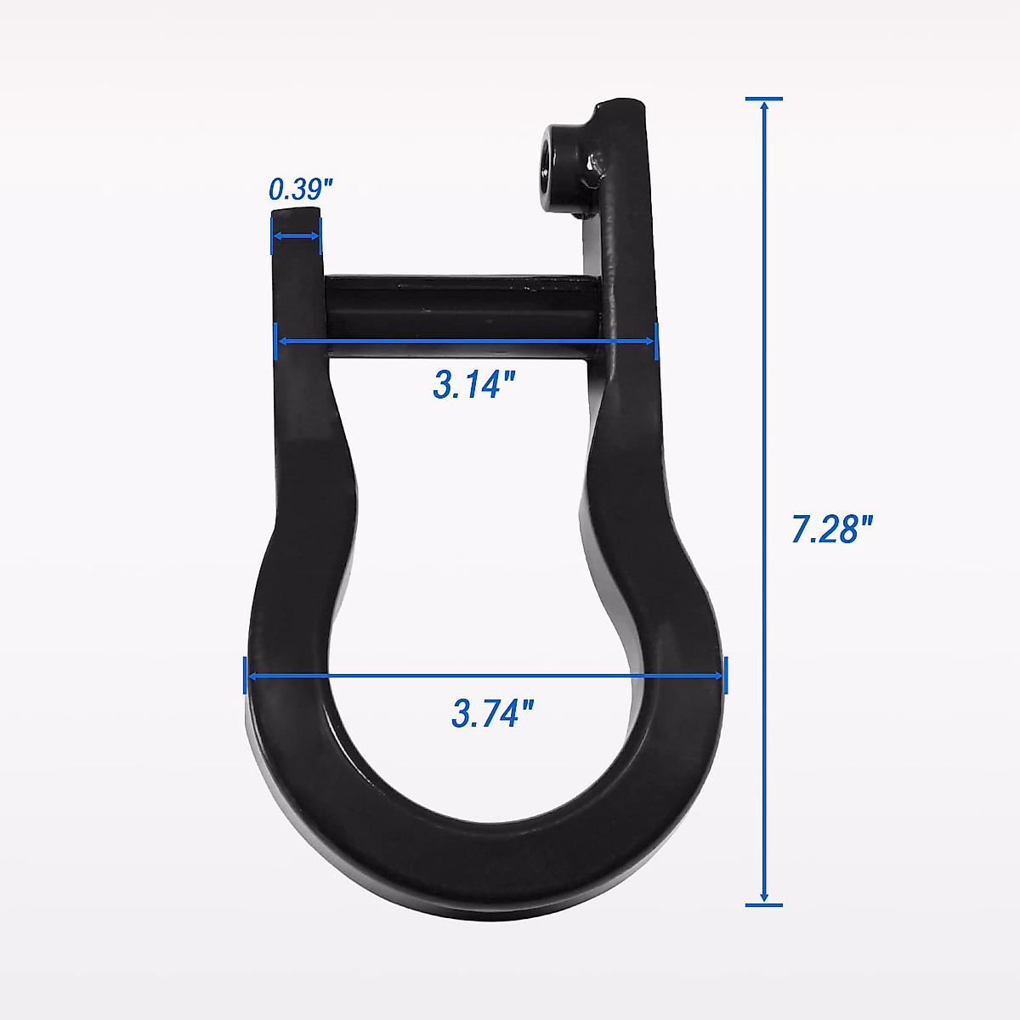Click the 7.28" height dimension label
click(832, 529)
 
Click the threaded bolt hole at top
click(560, 158)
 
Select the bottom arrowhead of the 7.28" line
click(764, 897)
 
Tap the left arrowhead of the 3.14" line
click(283, 341)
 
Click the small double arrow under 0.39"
click(297, 237)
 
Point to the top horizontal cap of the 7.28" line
click(764, 99)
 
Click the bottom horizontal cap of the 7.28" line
click(764, 905)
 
